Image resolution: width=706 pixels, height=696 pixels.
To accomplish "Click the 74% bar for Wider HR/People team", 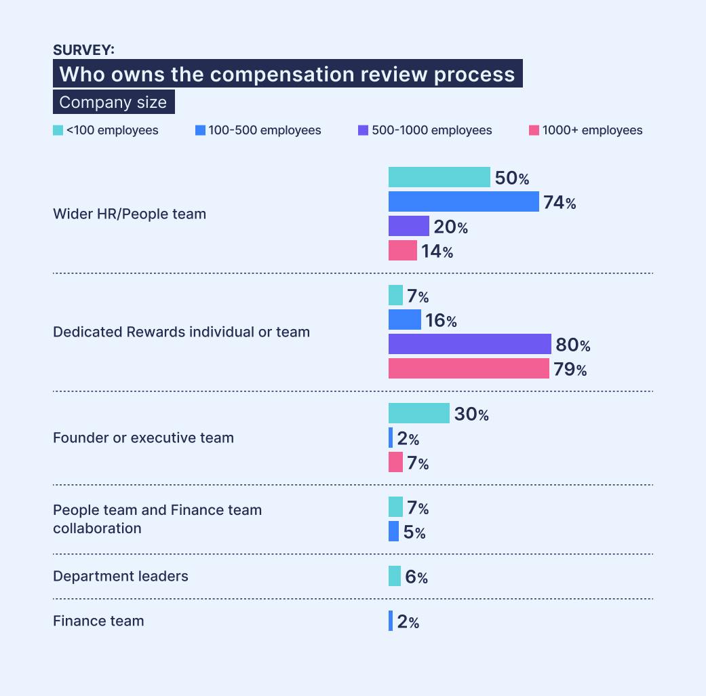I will tap(463, 201).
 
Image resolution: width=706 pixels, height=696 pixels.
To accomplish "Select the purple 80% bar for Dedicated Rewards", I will tap(469, 344).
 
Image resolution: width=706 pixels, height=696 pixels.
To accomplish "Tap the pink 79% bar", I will tap(469, 368).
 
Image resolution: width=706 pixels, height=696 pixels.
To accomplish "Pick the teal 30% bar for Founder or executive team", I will tap(418, 413).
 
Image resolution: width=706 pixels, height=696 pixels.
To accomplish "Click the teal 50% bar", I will tap(439, 177).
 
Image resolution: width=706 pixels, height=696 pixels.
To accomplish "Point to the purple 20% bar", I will tap(408, 226).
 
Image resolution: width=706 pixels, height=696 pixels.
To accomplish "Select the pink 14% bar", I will tap(402, 250).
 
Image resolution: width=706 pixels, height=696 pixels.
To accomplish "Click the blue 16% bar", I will tap(404, 320).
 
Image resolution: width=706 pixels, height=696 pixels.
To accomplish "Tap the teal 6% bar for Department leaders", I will tap(395, 576).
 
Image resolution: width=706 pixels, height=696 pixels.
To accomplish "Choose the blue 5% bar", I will tap(393, 531).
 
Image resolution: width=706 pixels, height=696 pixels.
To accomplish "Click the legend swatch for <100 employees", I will tap(58, 130).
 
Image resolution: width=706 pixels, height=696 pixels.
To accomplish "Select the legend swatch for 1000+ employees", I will tap(534, 130).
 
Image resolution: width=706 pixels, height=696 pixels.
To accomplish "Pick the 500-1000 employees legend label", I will tap(432, 130).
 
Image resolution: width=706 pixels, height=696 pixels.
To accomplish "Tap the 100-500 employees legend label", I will tap(264, 130).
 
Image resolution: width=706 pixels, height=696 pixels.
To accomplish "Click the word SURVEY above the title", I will tap(83, 50).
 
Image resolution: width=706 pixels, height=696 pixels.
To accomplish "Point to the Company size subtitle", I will tap(113, 102).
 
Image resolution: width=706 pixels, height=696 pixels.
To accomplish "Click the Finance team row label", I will tap(98, 621).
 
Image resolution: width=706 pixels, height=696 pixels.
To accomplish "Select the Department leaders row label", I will tap(121, 576).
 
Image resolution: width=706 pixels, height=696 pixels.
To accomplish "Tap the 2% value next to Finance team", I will tap(408, 621).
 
